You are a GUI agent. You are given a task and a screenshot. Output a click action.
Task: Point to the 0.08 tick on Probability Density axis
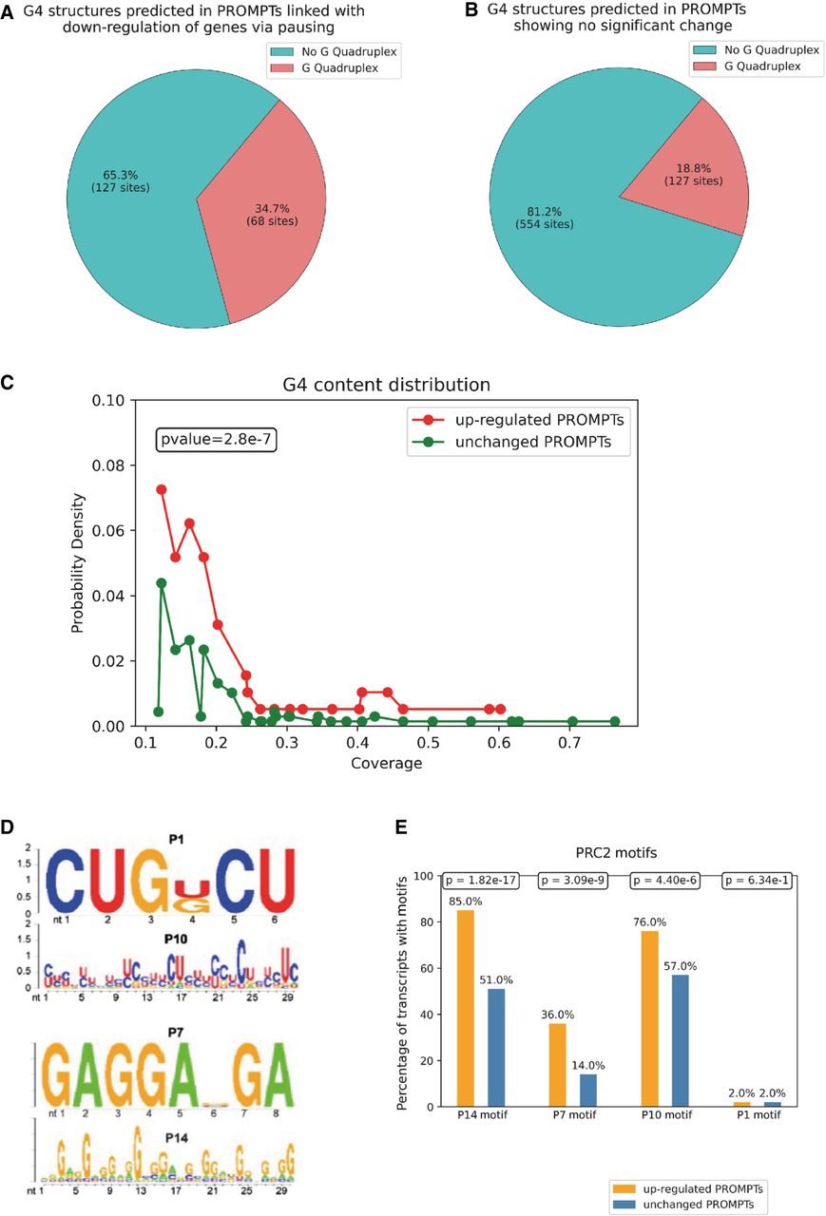pos(110,465)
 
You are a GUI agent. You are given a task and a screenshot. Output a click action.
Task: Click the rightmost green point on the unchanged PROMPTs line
pos(724,721)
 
